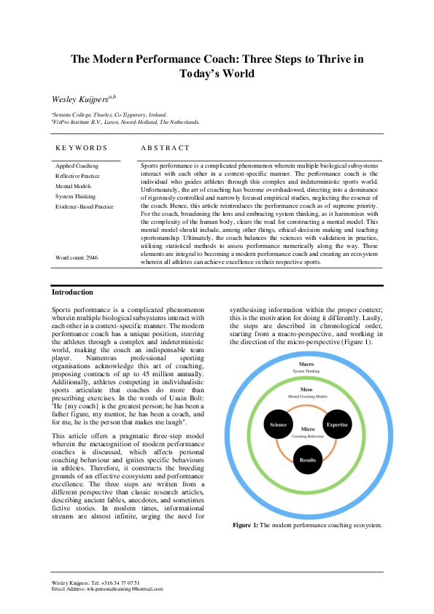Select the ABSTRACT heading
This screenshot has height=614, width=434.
[x=165, y=148]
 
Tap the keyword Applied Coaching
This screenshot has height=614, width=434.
[x=77, y=166]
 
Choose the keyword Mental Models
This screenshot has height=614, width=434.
[x=74, y=187]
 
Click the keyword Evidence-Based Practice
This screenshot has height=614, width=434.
[x=85, y=207]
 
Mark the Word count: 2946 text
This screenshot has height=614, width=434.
[x=77, y=258]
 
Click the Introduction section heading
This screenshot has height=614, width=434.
[x=72, y=292]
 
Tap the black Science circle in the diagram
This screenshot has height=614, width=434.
[x=278, y=424]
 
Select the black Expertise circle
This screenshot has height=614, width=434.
[x=337, y=424]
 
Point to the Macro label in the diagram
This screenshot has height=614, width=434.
[x=307, y=363]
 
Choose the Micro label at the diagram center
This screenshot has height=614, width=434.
[x=307, y=430]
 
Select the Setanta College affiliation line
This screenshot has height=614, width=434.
[x=109, y=114]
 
